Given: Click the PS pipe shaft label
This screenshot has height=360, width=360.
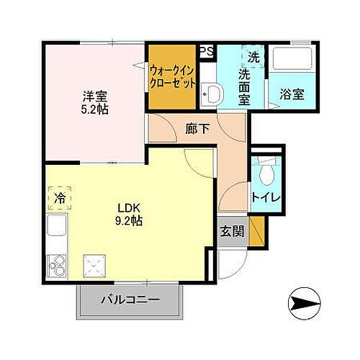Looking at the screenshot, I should tap(207, 51).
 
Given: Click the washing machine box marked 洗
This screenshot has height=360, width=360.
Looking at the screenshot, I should tap(253, 57).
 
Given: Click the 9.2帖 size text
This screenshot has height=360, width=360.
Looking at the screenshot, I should tap(130, 221).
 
